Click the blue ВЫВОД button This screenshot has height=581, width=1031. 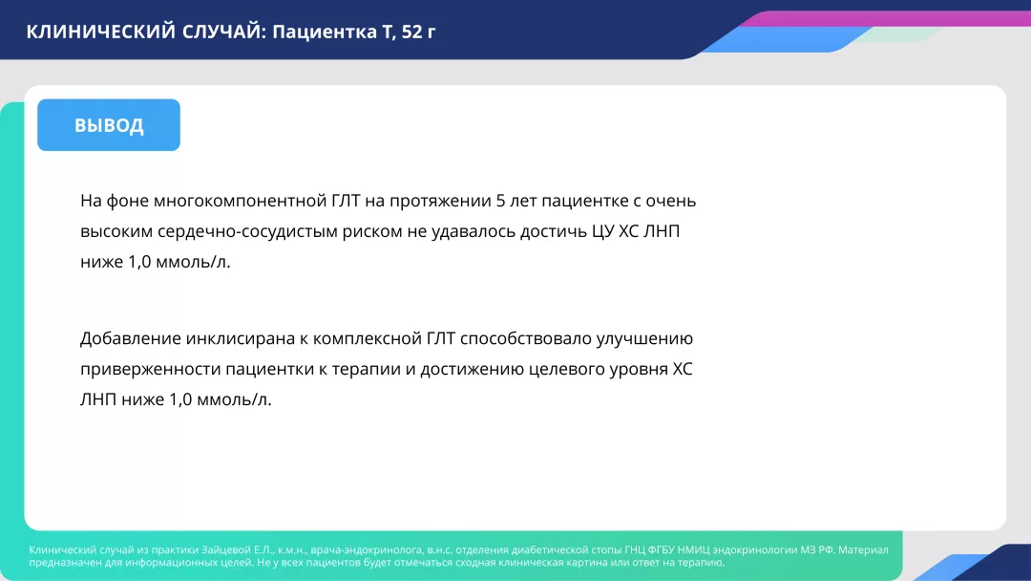[109, 125]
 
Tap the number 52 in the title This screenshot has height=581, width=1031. [412, 31]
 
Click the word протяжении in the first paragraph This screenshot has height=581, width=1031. [441, 201]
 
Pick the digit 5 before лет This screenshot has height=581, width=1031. [502, 201]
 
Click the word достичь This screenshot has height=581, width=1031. [532, 231]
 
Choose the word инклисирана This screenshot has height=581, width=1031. [239, 338]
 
